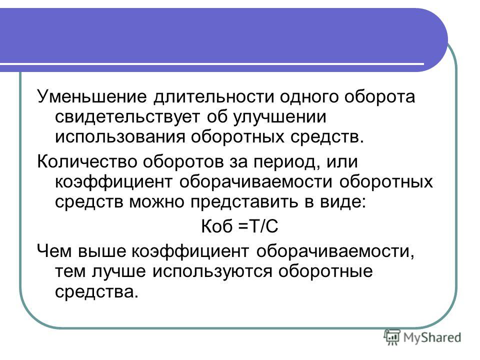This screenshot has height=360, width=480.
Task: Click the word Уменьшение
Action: [92, 96]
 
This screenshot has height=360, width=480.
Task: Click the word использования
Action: [120, 136]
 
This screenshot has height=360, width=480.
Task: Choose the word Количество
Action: [87, 161]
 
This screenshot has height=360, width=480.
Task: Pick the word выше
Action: [102, 251]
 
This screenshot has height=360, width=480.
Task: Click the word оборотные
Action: [325, 271]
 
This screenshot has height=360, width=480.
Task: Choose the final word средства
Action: [95, 291]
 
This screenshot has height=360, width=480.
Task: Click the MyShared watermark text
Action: [432, 337]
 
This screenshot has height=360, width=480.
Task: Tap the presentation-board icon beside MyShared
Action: [392, 337]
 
